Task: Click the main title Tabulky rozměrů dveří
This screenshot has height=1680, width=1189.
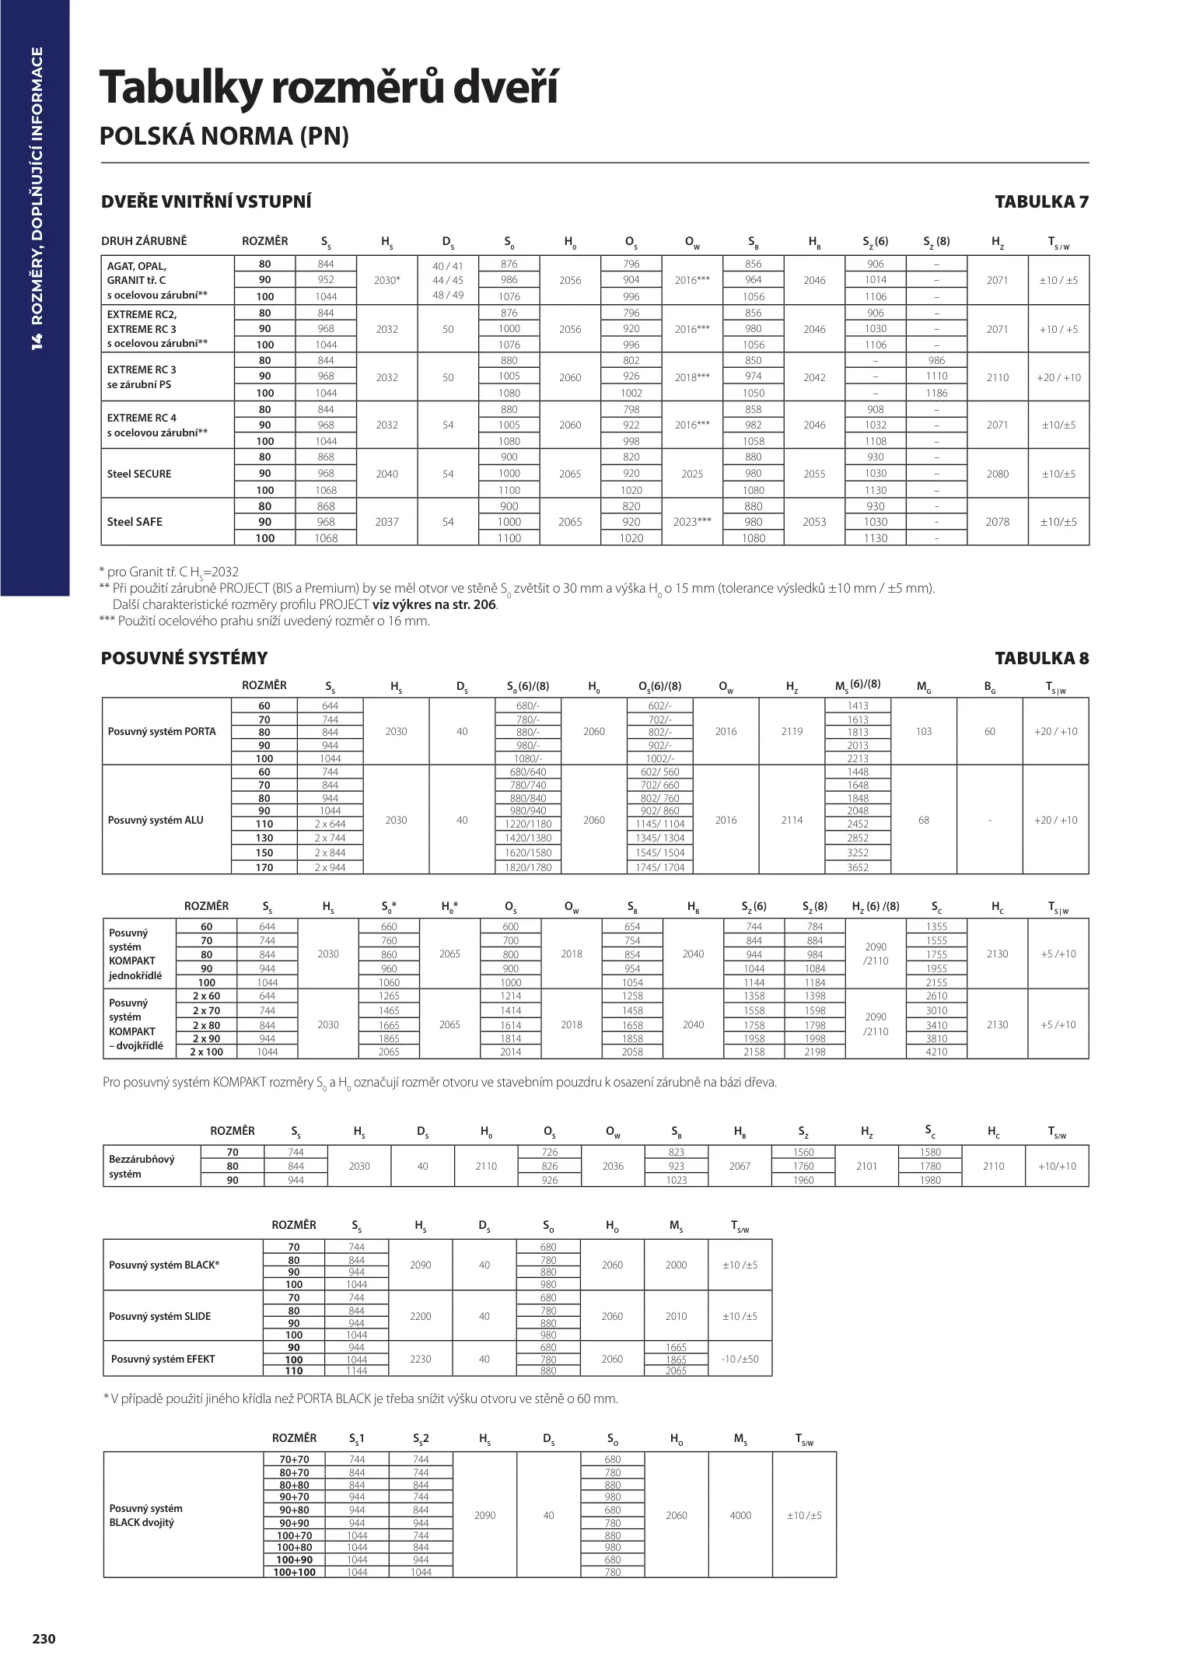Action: pos(328,88)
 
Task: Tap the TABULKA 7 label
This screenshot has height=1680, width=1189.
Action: pos(1041,202)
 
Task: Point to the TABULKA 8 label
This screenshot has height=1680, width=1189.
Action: pos(1041,659)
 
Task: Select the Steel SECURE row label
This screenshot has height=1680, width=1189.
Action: pos(139,474)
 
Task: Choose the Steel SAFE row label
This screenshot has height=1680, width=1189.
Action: pos(135,522)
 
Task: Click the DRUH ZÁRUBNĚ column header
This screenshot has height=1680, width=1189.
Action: pos(144,242)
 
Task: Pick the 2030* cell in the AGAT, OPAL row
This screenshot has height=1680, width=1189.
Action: pos(386,280)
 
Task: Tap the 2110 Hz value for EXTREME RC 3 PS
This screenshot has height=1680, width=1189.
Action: pos(997,377)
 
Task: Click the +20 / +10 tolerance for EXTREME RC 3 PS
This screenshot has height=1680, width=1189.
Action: pos(1058,377)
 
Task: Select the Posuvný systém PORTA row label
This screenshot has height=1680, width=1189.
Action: pos(162,732)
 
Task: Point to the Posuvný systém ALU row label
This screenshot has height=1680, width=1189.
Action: pos(156,820)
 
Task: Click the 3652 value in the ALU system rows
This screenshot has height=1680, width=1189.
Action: pos(858,867)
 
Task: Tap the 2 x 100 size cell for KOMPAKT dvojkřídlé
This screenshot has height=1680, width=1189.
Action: pos(207,1052)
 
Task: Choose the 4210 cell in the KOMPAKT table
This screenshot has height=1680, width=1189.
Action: pos(937,1052)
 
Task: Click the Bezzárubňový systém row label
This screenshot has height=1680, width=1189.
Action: pos(142,1166)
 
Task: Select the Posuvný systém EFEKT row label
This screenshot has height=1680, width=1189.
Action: pos(163,1359)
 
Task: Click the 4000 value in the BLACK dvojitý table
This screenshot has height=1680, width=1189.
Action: pos(740,1515)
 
